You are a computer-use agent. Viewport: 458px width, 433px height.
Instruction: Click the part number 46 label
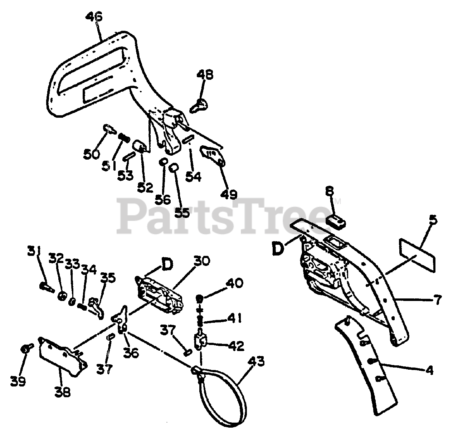pos(94,17)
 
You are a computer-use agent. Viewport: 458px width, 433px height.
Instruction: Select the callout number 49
pos(228,194)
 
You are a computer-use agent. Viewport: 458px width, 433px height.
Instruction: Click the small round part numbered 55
pos(174,167)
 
